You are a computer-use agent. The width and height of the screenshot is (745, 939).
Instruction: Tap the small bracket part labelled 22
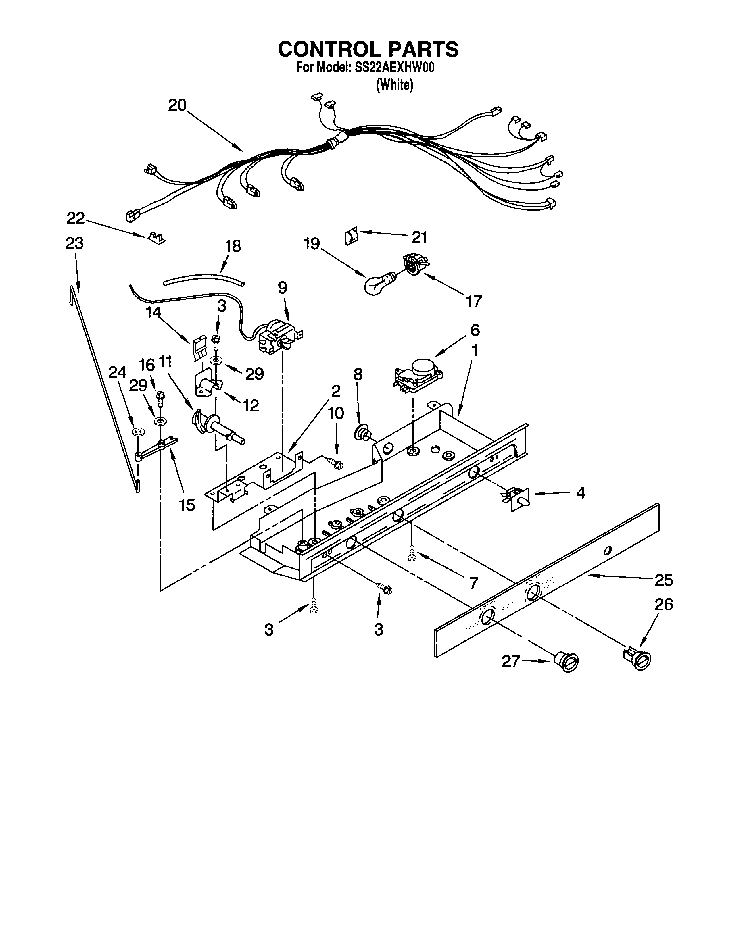tap(156, 238)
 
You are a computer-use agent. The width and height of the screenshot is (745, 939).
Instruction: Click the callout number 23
tap(74, 243)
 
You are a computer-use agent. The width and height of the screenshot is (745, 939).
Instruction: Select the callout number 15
tap(187, 505)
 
